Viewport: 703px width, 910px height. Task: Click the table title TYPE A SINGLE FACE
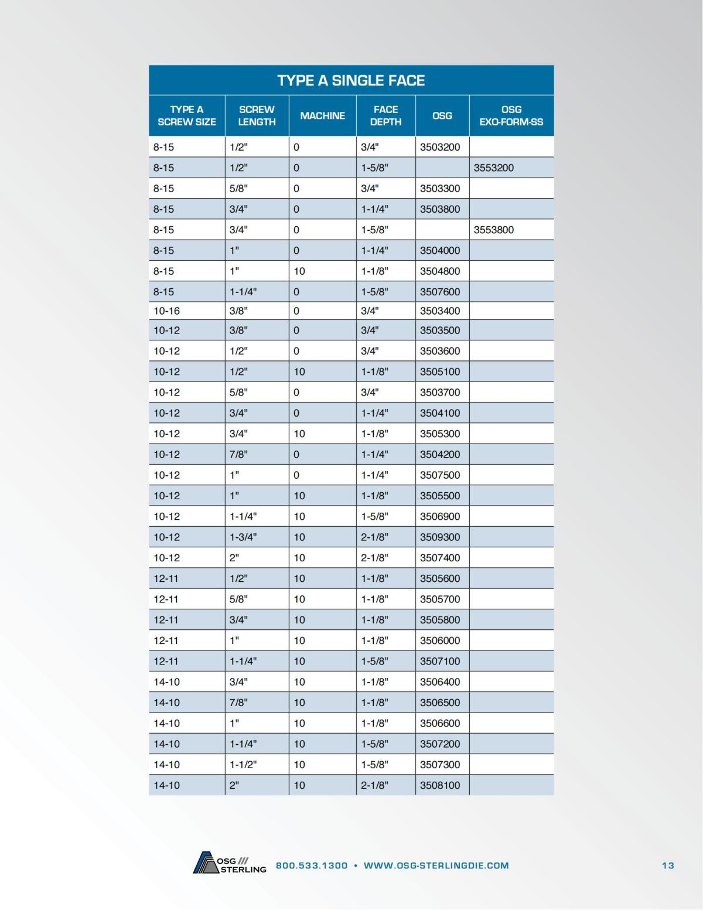pyautogui.click(x=351, y=80)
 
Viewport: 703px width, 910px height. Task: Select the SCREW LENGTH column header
pyautogui.click(x=257, y=116)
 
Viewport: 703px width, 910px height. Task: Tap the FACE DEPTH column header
pyautogui.click(x=385, y=116)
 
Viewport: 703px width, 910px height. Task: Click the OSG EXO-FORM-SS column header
pyautogui.click(x=511, y=116)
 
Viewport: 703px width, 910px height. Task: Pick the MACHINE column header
pyautogui.click(x=322, y=116)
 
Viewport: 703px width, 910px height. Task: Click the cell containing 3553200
pyautogui.click(x=494, y=168)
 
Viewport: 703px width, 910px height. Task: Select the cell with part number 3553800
pyautogui.click(x=494, y=230)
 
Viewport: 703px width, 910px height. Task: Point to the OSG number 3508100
pyautogui.click(x=440, y=785)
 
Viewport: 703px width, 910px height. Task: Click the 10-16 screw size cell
pyautogui.click(x=167, y=311)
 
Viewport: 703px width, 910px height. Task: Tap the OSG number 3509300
pyautogui.click(x=440, y=537)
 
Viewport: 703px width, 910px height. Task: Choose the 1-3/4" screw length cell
pyautogui.click(x=243, y=537)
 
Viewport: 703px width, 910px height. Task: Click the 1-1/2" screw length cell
pyautogui.click(x=243, y=764)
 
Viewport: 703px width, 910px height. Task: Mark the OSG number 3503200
pyautogui.click(x=440, y=147)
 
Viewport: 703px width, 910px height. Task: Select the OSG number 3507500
pyautogui.click(x=440, y=475)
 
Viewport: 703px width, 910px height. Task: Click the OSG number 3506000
pyautogui.click(x=440, y=640)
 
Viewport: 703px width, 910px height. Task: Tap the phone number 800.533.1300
pyautogui.click(x=312, y=865)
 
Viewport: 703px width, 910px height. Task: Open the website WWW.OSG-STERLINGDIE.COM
pyautogui.click(x=436, y=865)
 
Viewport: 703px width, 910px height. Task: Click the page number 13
pyautogui.click(x=668, y=865)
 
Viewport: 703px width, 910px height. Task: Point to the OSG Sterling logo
pyautogui.click(x=229, y=864)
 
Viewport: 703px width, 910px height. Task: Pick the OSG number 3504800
pyautogui.click(x=440, y=271)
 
